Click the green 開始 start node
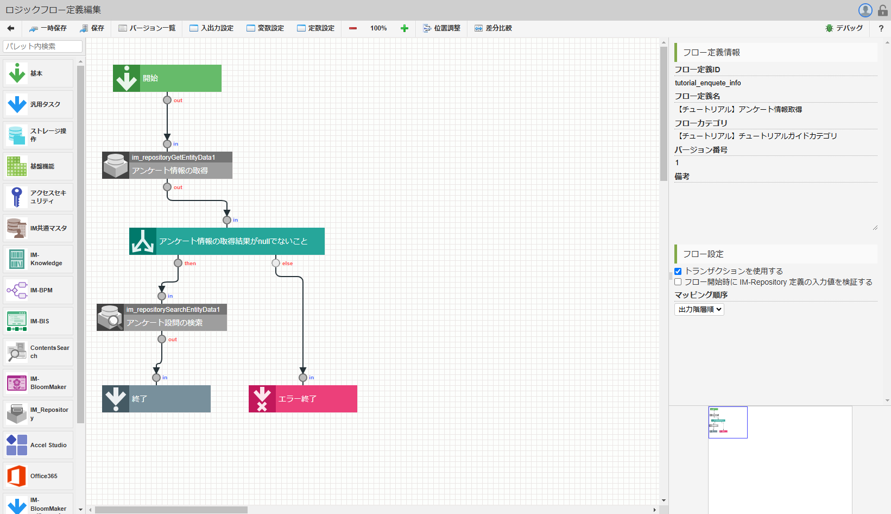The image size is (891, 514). [x=167, y=78]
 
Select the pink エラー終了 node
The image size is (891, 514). [x=302, y=399]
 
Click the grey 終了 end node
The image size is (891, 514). [x=156, y=399]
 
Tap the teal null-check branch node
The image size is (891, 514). [x=226, y=241]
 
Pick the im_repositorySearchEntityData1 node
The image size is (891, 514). [x=161, y=317]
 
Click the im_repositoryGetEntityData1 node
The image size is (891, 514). [x=167, y=165]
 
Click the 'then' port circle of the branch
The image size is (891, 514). [x=178, y=263]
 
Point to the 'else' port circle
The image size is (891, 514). [x=276, y=263]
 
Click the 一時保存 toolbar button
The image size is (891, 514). [x=48, y=28]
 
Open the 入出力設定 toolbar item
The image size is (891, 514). [x=212, y=28]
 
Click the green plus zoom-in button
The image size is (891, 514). [x=405, y=28]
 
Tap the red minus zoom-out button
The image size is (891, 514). [x=353, y=28]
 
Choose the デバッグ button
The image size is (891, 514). [x=844, y=28]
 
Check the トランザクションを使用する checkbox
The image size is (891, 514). [x=678, y=271]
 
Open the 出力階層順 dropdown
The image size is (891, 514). [x=699, y=309]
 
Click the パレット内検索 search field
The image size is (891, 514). [x=42, y=46]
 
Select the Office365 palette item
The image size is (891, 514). [x=38, y=476]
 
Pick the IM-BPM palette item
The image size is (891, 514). [x=38, y=290]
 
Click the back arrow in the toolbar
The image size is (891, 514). [x=11, y=28]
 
